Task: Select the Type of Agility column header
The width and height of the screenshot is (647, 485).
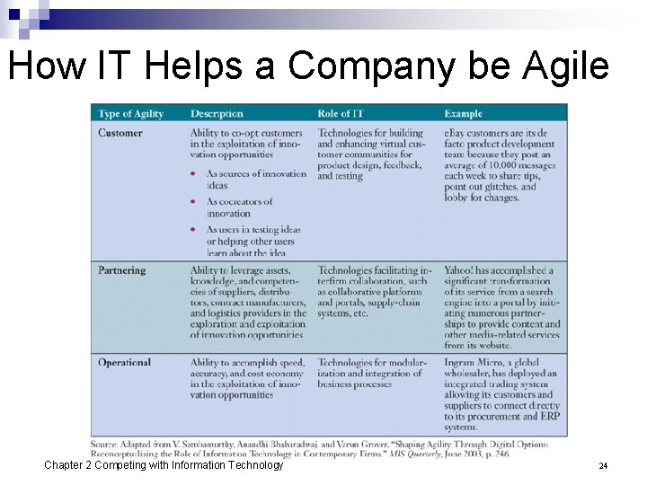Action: tap(131, 114)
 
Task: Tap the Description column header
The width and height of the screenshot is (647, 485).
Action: tap(217, 114)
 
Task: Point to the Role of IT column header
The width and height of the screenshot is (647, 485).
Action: tap(340, 114)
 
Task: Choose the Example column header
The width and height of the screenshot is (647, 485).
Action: tap(463, 114)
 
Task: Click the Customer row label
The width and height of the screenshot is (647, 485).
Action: tap(120, 133)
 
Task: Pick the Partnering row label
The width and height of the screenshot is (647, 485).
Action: tap(122, 270)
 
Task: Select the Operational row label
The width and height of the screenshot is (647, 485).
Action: tap(125, 363)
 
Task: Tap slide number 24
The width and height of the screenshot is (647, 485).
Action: tap(603, 466)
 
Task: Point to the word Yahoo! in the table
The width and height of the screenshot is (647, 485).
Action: tap(461, 270)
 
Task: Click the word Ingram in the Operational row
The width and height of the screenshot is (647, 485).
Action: tap(460, 363)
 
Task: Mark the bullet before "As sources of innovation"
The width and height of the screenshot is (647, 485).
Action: tap(193, 174)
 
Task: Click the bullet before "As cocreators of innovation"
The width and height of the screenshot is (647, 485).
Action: tap(193, 202)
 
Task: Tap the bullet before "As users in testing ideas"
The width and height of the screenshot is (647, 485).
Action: tap(193, 230)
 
